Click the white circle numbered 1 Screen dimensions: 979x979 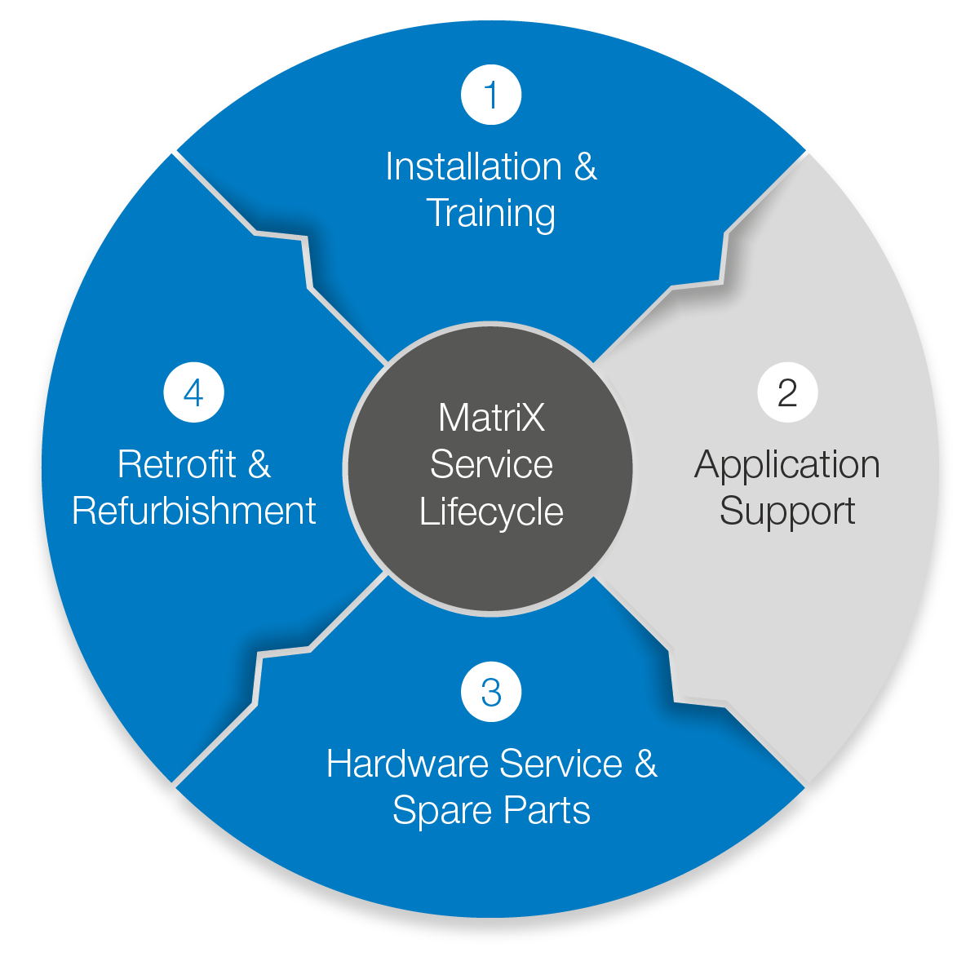pos(491,95)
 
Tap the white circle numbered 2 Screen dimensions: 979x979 pos(787,392)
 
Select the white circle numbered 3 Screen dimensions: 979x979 pos(491,692)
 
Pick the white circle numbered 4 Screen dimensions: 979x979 pos(193,392)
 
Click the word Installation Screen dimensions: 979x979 pos(473,167)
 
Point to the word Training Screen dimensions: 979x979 pos(491,214)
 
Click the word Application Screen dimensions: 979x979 pos(787,465)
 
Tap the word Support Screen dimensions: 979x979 pos(787,512)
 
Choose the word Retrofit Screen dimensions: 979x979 pos(177,465)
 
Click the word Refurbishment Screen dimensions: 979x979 pos(194,512)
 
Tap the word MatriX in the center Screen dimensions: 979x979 pos(491,419)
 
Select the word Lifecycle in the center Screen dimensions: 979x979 pos(491,512)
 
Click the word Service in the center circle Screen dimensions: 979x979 pos(491,465)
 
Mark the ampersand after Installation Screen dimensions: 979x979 pos(586,167)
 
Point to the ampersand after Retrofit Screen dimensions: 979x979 pos(259,465)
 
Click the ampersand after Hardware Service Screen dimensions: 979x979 pos(645,764)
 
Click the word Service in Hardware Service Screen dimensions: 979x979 pos(560,764)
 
